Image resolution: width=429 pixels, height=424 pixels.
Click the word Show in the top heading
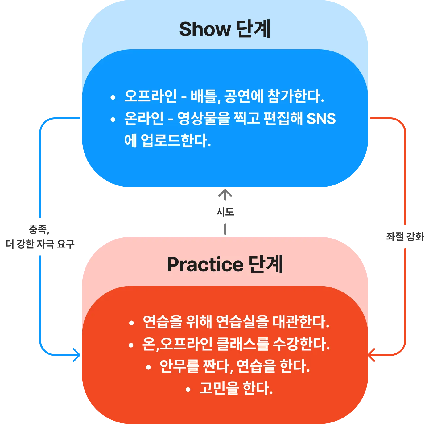pos(204,30)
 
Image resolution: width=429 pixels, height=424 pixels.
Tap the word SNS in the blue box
pos(321,119)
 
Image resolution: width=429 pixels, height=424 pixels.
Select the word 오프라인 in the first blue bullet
pos(151,96)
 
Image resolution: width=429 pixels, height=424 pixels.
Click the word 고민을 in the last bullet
pos(219,389)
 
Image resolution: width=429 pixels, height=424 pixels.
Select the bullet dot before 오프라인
pos(113,98)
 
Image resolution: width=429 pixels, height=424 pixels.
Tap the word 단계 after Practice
pos(266,264)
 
